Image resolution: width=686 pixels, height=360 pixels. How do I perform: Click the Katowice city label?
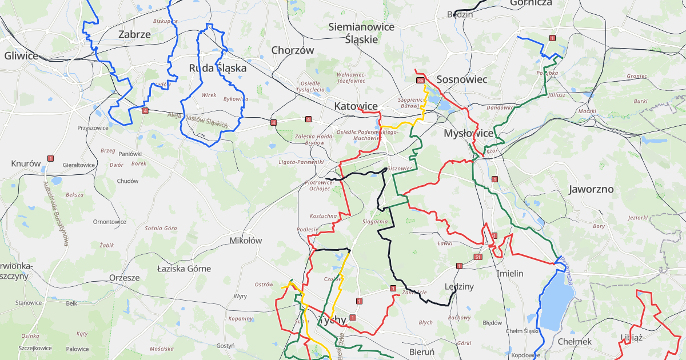coord(356,106)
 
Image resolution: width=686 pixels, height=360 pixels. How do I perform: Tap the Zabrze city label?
coord(134,34)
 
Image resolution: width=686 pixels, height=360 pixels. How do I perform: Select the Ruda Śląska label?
coord(218,68)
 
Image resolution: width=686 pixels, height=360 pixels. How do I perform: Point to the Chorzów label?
coord(293,50)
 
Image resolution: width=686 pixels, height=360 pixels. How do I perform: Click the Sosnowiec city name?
coord(461,79)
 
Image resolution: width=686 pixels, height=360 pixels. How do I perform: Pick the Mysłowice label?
coord(469,133)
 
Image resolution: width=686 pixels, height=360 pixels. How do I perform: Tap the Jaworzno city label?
coord(591,189)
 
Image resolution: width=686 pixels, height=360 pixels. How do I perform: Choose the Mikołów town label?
coord(245,241)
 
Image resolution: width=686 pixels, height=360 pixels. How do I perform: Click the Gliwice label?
coord(21,56)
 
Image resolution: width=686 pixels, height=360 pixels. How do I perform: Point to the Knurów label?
coord(26,163)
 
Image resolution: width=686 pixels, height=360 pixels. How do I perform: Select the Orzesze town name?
coord(124,278)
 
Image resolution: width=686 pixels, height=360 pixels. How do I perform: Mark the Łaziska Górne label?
coord(184,269)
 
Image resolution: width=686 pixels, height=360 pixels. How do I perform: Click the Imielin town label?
coord(510,274)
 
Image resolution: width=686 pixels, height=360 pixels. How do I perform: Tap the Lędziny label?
coord(459,286)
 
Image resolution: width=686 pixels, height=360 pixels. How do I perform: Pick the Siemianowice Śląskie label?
coord(361,33)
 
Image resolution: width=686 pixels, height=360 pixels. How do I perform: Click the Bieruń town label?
coord(422,351)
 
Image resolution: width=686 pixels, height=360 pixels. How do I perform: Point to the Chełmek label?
coord(574,341)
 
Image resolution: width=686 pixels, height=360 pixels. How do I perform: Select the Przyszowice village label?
coord(93,128)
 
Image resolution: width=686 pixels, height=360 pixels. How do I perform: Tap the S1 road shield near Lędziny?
coord(477,258)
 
